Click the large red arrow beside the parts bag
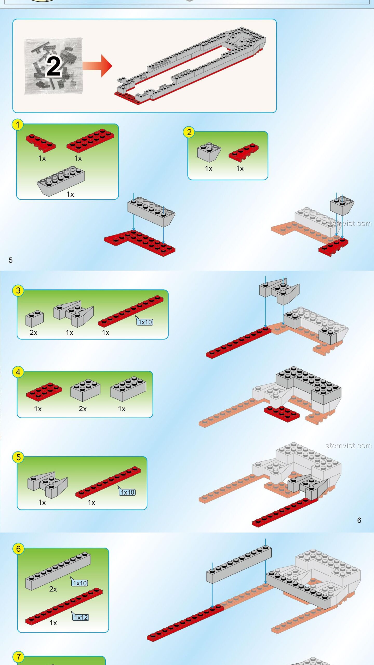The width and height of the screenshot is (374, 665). click(x=97, y=66)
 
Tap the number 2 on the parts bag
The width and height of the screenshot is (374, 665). click(x=54, y=66)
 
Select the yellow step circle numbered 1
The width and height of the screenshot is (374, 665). click(x=18, y=125)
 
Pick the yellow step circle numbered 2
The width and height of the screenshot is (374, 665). click(x=189, y=132)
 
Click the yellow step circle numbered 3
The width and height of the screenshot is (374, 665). click(x=18, y=290)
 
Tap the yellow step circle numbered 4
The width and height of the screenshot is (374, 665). click(x=18, y=372)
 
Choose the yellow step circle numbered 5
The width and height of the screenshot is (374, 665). click(x=18, y=457)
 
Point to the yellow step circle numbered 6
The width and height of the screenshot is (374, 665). click(x=18, y=549)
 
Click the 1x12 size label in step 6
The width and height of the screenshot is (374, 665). click(x=81, y=617)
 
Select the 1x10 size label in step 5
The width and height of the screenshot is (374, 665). click(x=128, y=492)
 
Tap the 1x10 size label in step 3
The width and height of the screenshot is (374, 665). click(x=145, y=322)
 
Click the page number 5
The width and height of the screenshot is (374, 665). click(x=11, y=260)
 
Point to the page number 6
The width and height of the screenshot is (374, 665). click(x=359, y=520)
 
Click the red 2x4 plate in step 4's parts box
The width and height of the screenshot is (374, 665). click(x=44, y=390)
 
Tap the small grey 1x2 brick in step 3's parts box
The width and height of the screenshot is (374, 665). click(x=35, y=318)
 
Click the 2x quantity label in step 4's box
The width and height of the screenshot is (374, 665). click(x=83, y=409)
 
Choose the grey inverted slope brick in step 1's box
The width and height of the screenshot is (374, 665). click(x=61, y=181)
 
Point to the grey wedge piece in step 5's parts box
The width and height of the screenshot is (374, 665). click(x=48, y=485)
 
